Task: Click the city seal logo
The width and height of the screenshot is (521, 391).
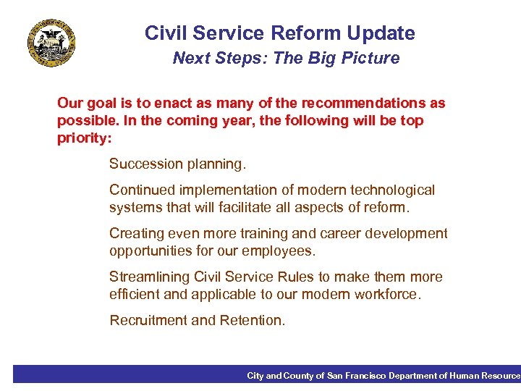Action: [x=51, y=44]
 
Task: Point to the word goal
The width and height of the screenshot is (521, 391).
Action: [x=102, y=104]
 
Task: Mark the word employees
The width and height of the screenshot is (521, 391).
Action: [x=279, y=251]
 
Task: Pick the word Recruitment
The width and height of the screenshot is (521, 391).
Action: [x=148, y=320]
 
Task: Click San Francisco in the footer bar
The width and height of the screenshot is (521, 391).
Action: [x=355, y=376]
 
